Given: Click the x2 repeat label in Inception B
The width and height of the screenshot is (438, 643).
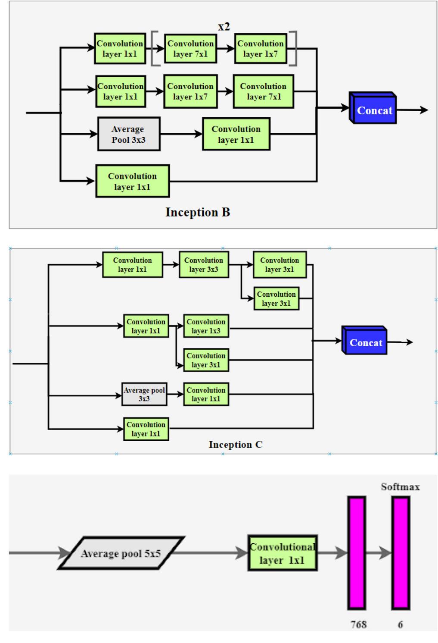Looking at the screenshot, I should coord(224,27).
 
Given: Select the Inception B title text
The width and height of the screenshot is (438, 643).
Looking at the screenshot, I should coord(198,212).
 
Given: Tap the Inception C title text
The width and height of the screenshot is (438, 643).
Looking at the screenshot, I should coord(235,445).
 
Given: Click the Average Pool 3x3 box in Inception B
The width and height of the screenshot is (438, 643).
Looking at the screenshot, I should coord(128,134).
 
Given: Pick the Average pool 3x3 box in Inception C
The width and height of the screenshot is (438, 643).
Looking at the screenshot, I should coord(144,394).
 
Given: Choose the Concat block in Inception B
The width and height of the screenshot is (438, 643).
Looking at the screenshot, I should coord(373,109).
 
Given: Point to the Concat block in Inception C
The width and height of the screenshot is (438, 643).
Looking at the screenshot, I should coord(365,342).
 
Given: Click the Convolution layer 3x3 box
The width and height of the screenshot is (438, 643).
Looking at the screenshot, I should coord(204,265).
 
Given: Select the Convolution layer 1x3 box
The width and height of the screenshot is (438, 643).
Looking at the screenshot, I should coord(206,326).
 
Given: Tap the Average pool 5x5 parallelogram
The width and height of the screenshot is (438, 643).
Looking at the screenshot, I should coord(121,553).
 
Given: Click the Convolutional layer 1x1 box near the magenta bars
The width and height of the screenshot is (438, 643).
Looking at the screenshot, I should coord(283,553).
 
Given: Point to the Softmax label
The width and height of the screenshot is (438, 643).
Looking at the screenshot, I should coord(400,487).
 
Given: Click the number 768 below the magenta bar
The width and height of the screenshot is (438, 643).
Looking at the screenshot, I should coord(358,624).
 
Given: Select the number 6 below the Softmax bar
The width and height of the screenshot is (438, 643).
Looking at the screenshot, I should coord(400,624).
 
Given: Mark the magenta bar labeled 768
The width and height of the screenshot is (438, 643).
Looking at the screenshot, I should coord(357,553).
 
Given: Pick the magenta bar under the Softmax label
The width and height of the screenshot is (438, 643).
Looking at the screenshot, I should coord(401,553).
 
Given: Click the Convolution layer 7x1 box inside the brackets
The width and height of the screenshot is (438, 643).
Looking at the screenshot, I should coord(190,48).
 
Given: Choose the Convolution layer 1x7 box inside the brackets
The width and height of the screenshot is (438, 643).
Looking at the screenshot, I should coord(261,48).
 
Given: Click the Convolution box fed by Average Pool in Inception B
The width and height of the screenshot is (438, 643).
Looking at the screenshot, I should coord(236,134).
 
